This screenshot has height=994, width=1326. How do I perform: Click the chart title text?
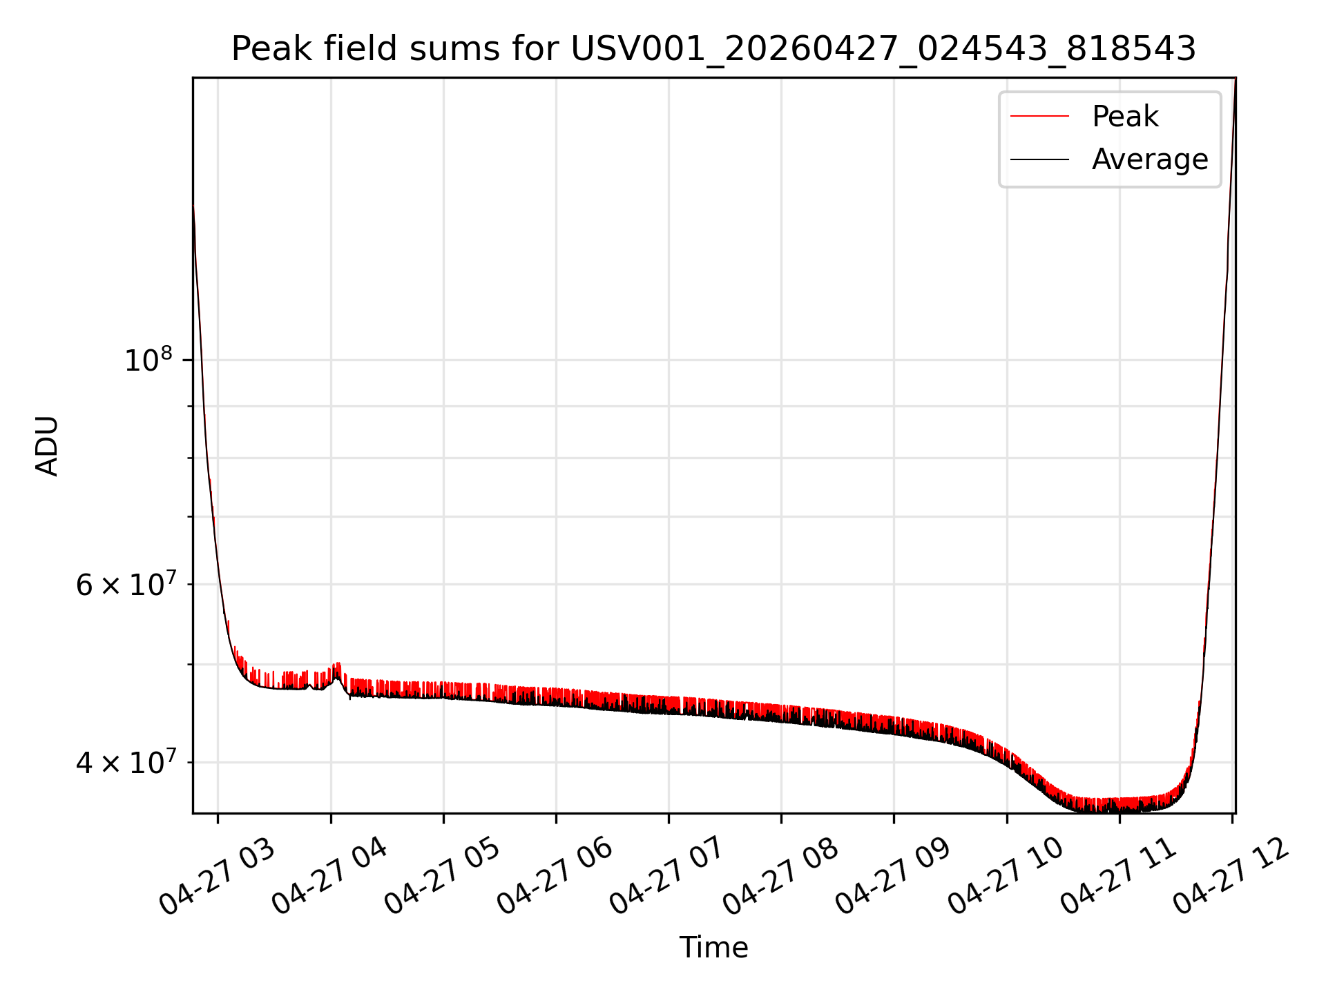click(x=713, y=49)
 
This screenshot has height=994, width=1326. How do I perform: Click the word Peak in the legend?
click(x=1125, y=117)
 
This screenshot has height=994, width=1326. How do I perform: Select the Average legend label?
click(x=1150, y=159)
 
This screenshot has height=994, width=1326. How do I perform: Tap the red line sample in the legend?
click(x=1039, y=117)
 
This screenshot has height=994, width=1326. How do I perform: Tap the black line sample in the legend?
click(x=1039, y=159)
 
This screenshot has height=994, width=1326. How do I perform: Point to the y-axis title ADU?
click(x=47, y=446)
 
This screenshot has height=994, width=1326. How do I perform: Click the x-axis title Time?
click(x=713, y=948)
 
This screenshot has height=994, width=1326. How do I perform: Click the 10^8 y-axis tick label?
click(x=148, y=360)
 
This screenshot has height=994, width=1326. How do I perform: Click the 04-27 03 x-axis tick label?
click(x=218, y=877)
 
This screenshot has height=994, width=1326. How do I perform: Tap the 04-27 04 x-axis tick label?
click(x=330, y=877)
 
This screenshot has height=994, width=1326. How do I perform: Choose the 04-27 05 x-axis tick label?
click(x=443, y=877)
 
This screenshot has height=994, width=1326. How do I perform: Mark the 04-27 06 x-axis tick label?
click(x=555, y=877)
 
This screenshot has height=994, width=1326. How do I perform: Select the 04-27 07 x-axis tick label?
click(x=668, y=877)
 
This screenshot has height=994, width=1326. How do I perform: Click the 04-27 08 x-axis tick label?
click(x=780, y=877)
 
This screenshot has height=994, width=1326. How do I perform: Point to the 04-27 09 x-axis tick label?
click(x=893, y=877)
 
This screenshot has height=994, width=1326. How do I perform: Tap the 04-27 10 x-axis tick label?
click(x=1006, y=877)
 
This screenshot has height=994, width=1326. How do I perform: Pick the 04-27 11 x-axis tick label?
click(x=1118, y=877)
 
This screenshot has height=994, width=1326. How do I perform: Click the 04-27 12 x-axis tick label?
click(x=1231, y=877)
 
